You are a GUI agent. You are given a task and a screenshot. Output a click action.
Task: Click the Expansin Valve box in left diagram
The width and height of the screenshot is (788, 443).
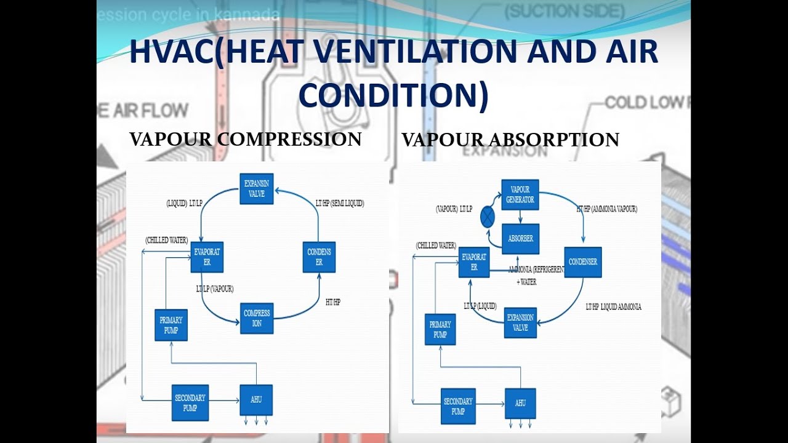tap(257, 189)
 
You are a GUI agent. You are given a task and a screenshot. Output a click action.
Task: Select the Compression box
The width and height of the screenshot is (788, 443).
tap(257, 318)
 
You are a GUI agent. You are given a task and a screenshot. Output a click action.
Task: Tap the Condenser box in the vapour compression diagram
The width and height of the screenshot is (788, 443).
tap(319, 257)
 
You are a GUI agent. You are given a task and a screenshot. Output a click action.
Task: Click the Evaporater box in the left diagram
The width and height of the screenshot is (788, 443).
tap(206, 257)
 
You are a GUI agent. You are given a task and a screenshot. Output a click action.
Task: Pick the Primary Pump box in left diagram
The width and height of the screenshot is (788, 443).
tap(171, 325)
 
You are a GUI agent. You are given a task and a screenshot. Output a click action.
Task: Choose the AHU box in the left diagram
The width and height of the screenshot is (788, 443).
tap(256, 400)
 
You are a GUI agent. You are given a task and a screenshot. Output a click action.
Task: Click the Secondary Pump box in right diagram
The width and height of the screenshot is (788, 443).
tap(458, 406)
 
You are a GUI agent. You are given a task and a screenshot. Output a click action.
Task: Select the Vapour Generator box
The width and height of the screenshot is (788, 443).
tap(520, 194)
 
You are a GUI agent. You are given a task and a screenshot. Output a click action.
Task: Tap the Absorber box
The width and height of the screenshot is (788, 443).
tap(520, 239)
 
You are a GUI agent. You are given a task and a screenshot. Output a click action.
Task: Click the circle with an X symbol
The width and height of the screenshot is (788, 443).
tap(488, 217)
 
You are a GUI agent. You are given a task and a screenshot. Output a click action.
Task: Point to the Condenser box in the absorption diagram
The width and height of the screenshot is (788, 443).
tap(582, 262)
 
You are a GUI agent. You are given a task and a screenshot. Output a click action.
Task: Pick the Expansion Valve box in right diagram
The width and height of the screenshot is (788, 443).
tap(520, 322)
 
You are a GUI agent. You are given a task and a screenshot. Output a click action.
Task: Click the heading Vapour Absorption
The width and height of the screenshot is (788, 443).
tap(510, 140)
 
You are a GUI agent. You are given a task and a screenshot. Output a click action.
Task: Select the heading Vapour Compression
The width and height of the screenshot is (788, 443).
tap(245, 139)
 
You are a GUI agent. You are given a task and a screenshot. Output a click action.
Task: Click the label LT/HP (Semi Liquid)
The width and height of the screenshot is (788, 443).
tap(339, 203)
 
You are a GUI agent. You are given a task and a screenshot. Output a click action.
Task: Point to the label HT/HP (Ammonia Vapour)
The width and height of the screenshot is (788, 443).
tap(606, 209)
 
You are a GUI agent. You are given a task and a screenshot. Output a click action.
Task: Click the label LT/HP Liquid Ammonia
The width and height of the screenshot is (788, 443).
tap(613, 306)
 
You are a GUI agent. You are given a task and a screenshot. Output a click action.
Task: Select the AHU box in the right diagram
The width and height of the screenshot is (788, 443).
tap(520, 404)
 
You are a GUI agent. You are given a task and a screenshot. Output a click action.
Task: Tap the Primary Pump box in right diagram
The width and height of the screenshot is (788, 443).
tap(440, 329)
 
